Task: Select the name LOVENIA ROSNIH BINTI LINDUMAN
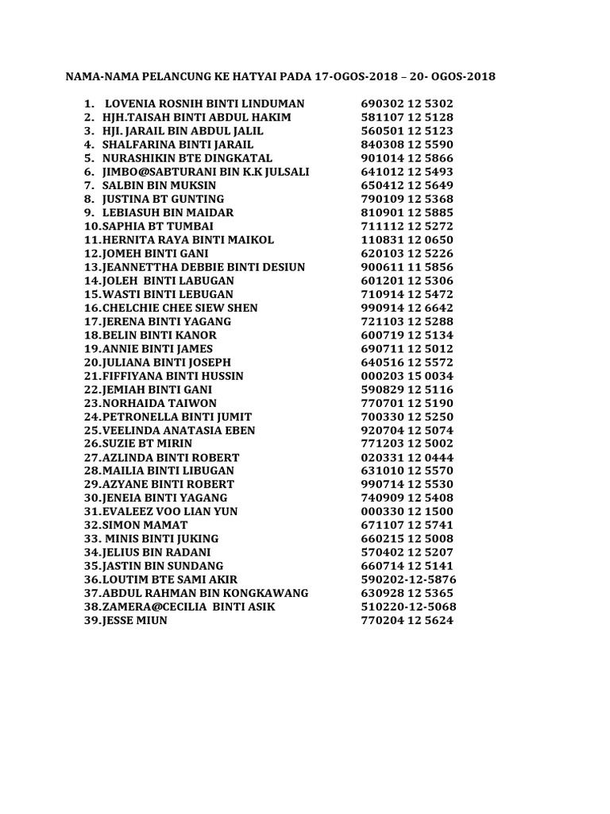point(204,104)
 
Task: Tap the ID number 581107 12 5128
point(407,118)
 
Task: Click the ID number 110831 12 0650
point(407,240)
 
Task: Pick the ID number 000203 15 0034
point(407,376)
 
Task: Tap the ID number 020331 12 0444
point(407,458)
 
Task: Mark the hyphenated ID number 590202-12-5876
point(409,579)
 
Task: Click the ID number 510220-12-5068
point(409,607)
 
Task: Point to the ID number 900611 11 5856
point(407,267)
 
